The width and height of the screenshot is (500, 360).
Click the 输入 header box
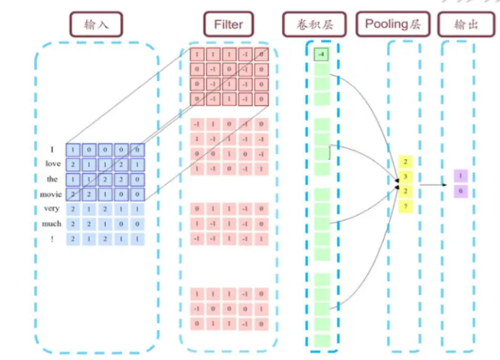pyautogui.click(x=97, y=25)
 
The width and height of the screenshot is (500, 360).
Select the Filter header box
pyautogui.click(x=228, y=25)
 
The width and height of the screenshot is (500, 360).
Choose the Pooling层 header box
pyautogui.click(x=392, y=24)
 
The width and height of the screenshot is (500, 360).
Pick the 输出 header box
pyautogui.click(x=465, y=25)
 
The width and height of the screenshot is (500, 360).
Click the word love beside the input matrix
pyautogui.click(x=53, y=164)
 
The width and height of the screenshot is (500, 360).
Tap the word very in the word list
pyautogui.click(x=52, y=209)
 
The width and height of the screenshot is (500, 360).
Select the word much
pyautogui.click(x=52, y=224)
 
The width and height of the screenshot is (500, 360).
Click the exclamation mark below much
pyautogui.click(x=52, y=239)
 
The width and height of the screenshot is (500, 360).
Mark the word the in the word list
pyautogui.click(x=52, y=179)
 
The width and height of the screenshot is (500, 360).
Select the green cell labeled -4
pyautogui.click(x=320, y=54)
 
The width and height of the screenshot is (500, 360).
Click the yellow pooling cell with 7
pyautogui.click(x=406, y=207)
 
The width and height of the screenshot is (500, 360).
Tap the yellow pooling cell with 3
pyautogui.click(x=406, y=176)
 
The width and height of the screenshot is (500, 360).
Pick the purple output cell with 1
pyautogui.click(x=461, y=176)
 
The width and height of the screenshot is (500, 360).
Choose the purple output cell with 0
pyautogui.click(x=461, y=191)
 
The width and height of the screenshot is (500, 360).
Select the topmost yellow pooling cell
pyautogui.click(x=406, y=161)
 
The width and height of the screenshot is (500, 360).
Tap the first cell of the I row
pyautogui.click(x=74, y=149)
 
